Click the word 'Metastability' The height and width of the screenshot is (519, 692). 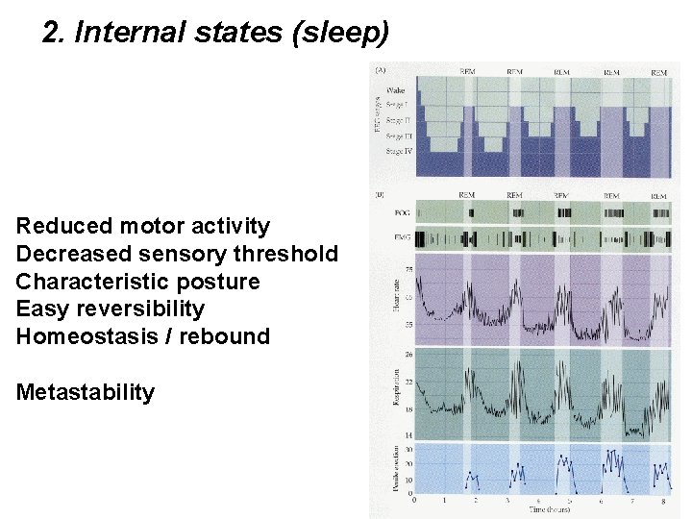point(86,392)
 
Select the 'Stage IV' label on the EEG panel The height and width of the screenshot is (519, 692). point(399,150)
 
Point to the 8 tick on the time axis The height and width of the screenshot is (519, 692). point(663,501)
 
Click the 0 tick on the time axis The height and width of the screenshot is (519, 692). point(414,501)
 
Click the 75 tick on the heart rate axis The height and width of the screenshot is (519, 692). point(408,269)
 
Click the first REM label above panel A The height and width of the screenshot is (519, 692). point(467,72)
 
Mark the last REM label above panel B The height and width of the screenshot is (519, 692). point(658,195)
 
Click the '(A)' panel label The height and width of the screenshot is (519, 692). point(381,69)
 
